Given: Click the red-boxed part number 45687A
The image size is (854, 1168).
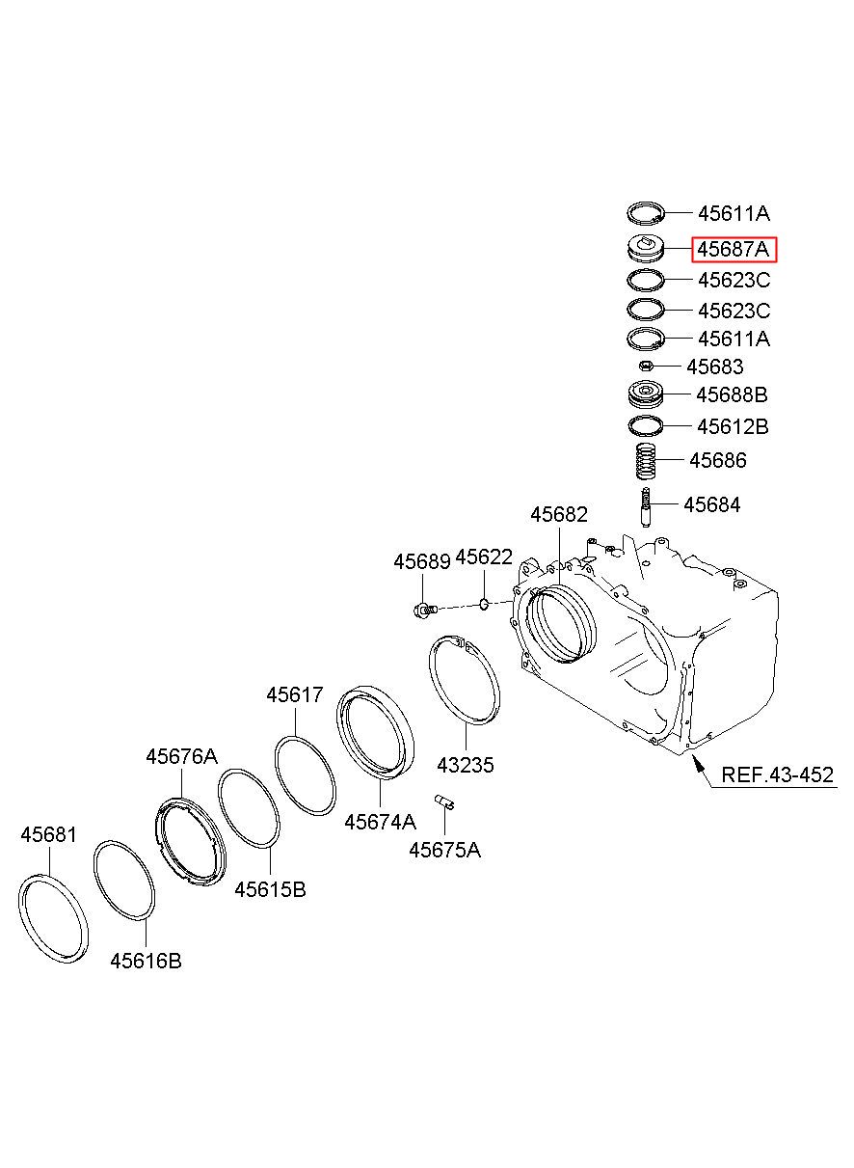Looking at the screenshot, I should pos(734,251).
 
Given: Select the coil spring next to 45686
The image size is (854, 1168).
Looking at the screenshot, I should pos(646,461).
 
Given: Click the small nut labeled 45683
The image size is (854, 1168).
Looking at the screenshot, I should pos(647,367).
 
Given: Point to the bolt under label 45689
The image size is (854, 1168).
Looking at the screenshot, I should pos(424,609).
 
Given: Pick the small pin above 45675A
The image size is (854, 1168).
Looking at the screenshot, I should pos(445,800).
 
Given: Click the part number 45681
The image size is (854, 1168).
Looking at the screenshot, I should pos(48,835).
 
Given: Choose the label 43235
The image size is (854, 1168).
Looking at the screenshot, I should pos(466,766).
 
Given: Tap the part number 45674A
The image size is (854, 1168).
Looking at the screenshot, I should pos(380,822).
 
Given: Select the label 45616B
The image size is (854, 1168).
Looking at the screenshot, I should pos(146,961).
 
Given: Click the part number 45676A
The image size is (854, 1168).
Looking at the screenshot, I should pos(181,757).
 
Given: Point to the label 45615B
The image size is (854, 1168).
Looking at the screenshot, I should pos(270,889).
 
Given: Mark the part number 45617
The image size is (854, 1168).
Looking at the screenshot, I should pos(295,695).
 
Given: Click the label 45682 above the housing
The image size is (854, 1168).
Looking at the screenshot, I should pos(559,515).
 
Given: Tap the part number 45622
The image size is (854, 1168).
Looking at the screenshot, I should pos(484,557).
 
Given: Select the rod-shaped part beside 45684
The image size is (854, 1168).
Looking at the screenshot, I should pos(645,505).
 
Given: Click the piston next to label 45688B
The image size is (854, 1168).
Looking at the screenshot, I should pos(646,395).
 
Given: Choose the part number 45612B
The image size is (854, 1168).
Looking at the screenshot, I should pos(733,426).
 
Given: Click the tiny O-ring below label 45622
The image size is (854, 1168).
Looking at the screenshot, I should pos(483,605).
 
